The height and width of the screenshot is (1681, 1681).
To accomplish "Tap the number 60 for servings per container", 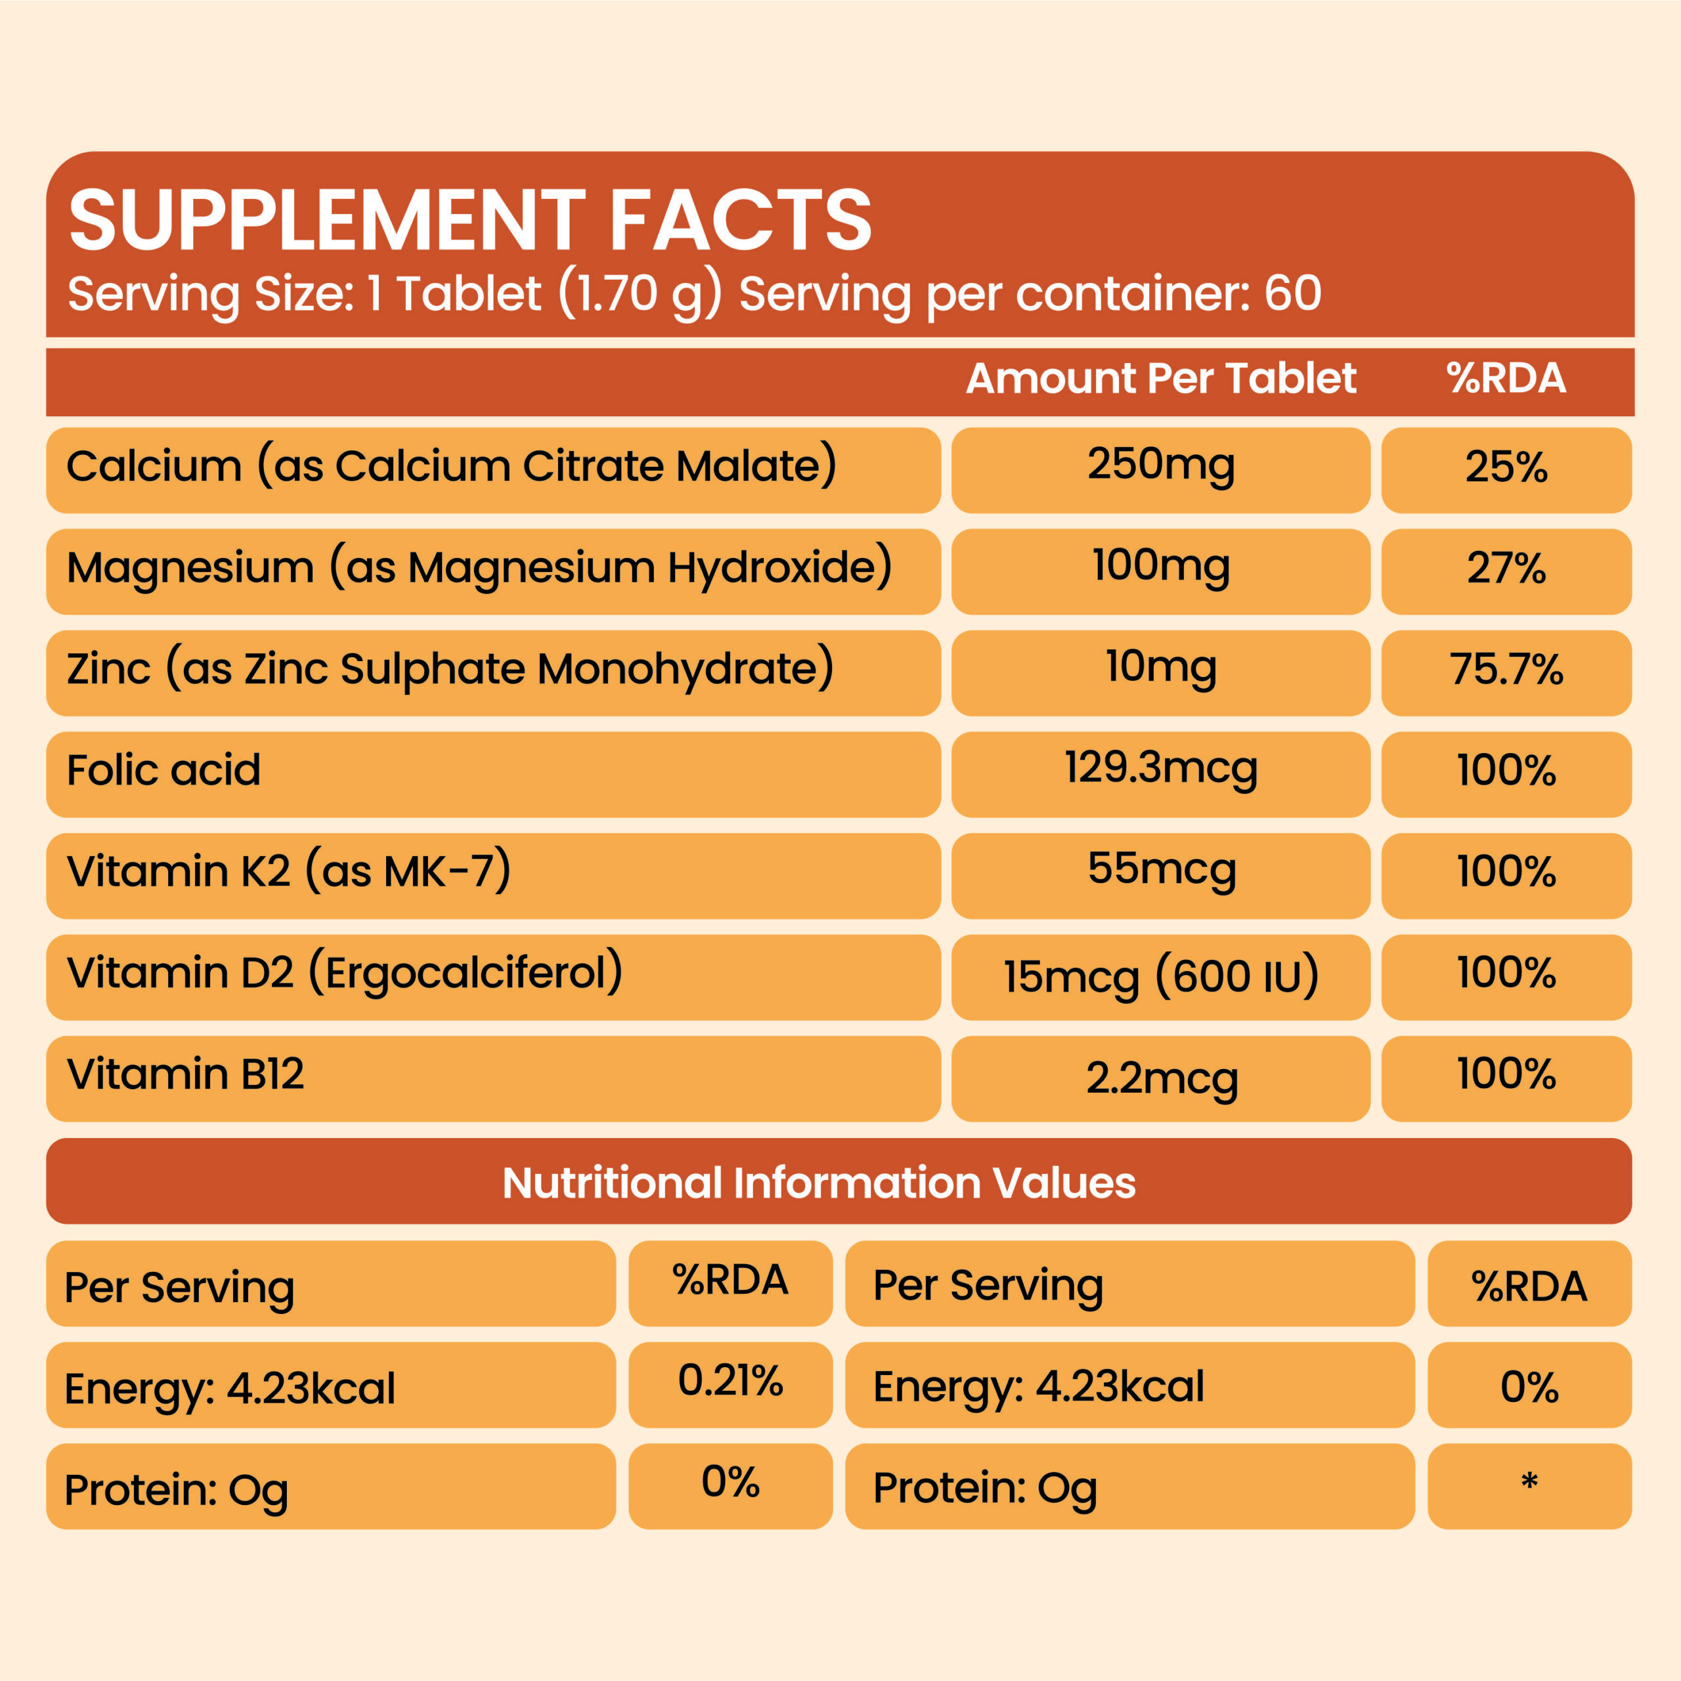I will tap(1293, 294).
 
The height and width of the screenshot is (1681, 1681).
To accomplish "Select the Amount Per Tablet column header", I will tap(1161, 378).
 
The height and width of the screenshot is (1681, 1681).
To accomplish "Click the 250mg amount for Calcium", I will tap(1161, 466).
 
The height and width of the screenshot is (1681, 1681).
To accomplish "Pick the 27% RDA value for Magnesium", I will tap(1506, 568).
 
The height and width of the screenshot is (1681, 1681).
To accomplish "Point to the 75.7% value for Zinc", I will tap(1506, 670).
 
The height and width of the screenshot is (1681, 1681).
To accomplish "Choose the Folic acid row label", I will tap(164, 771).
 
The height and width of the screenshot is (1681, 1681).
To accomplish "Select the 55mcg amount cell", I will tap(1161, 870).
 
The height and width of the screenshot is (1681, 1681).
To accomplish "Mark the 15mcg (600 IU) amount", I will tap(1161, 976).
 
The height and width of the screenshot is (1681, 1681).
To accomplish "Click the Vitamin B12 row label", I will tap(185, 1074).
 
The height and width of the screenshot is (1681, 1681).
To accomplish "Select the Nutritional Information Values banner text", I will tap(819, 1183).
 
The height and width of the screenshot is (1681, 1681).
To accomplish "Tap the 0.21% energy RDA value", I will tap(730, 1381).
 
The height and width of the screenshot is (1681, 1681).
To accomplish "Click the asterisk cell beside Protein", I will tap(1529, 1482).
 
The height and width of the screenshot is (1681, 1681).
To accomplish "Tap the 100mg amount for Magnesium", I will tap(1161, 567).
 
